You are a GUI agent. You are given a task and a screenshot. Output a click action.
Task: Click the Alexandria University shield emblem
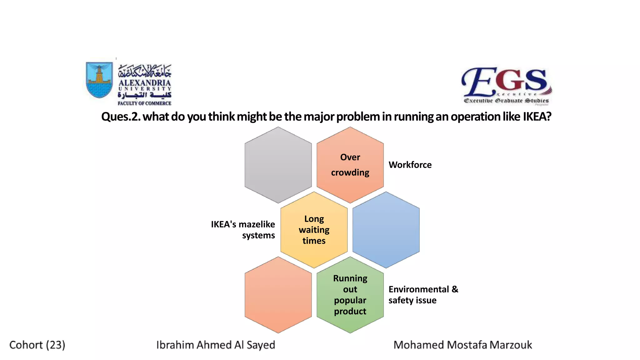[x=99, y=79]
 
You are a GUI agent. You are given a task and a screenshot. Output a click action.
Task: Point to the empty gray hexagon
[x=278, y=165]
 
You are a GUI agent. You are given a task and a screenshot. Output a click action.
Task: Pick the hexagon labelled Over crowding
[x=350, y=165]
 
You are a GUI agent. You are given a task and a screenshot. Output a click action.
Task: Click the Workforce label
[x=410, y=165]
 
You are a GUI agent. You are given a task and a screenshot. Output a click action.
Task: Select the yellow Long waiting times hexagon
[x=314, y=230]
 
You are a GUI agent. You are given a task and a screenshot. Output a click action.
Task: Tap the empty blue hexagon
[x=386, y=230]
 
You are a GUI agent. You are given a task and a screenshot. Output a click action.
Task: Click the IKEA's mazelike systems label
[x=243, y=230]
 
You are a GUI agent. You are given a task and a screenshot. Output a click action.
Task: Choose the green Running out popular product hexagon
[x=350, y=295]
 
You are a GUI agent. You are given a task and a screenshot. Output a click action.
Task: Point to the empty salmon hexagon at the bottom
[x=278, y=295]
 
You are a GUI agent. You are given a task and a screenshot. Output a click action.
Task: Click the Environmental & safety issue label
[x=423, y=295]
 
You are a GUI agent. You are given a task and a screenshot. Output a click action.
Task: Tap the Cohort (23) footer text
[x=37, y=345]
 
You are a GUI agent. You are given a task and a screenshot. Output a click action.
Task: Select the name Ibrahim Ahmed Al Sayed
[x=216, y=345]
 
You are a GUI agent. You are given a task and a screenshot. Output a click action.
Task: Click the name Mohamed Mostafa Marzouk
[x=462, y=345]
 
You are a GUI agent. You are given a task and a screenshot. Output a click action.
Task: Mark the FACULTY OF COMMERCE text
[x=144, y=103]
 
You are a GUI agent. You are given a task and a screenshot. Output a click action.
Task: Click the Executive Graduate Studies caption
[x=506, y=101]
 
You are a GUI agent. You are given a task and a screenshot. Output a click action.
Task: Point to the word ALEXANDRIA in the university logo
[x=145, y=83]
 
